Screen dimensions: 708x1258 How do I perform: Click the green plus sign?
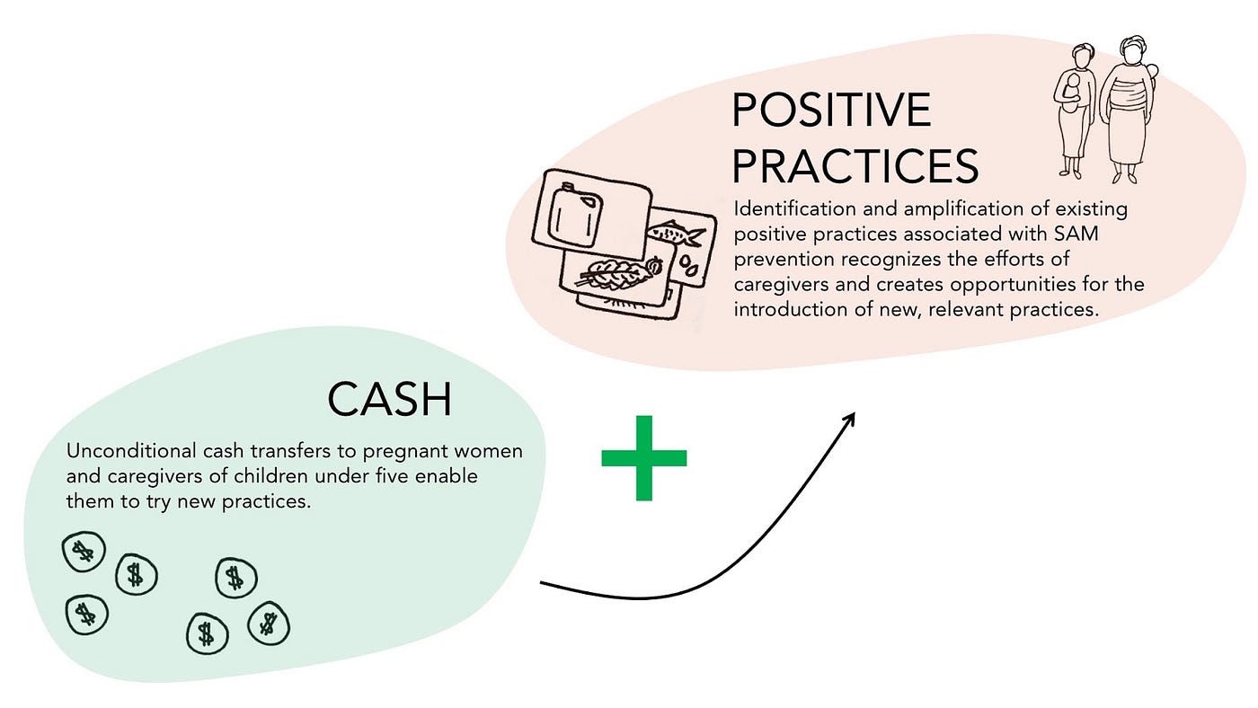click(x=643, y=458)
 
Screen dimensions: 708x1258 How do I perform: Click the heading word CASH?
click(x=389, y=400)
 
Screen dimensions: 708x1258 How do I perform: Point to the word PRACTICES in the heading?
click(x=855, y=166)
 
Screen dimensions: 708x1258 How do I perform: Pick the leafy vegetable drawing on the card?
click(x=613, y=271)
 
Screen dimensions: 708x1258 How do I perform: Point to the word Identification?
click(x=794, y=209)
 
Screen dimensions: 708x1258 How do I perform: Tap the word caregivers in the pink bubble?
click(x=780, y=285)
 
